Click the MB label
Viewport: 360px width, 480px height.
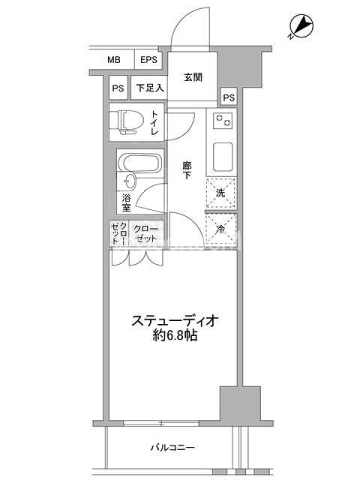pyautogui.click(x=113, y=59)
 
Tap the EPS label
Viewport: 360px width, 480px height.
pyautogui.click(x=149, y=59)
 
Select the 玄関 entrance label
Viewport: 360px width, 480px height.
pyautogui.click(x=193, y=77)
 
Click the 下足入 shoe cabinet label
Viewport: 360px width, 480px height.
pyautogui.click(x=149, y=88)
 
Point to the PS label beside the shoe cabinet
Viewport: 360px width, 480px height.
pyautogui.click(x=118, y=88)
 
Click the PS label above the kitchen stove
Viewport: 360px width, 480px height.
pyautogui.click(x=229, y=98)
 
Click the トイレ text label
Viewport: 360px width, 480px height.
pyautogui.click(x=155, y=123)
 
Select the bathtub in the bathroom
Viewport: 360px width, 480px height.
pyautogui.click(x=140, y=162)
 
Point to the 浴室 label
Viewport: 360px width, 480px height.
pyautogui.click(x=126, y=203)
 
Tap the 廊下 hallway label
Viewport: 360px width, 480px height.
pyautogui.click(x=187, y=170)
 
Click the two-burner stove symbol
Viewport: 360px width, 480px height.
pyautogui.click(x=223, y=121)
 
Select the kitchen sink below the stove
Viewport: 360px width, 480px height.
pyautogui.click(x=223, y=157)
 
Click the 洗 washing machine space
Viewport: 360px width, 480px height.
pyautogui.click(x=221, y=193)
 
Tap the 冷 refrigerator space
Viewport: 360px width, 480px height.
pyautogui.click(x=221, y=229)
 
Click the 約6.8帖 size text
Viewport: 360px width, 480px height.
pyautogui.click(x=175, y=336)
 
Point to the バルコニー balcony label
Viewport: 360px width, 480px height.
pyautogui.click(x=172, y=448)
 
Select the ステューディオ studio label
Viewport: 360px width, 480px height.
pyautogui.click(x=175, y=321)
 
